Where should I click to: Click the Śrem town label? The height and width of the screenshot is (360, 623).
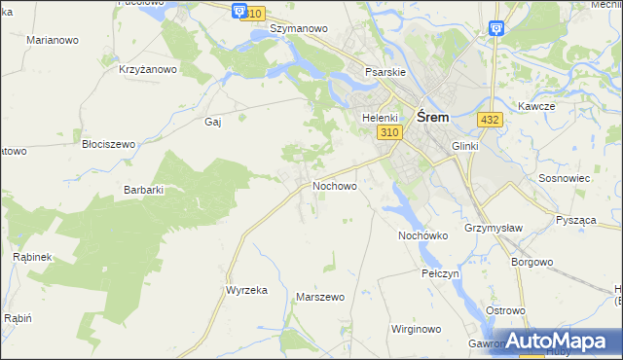pyautogui.click(x=432, y=116)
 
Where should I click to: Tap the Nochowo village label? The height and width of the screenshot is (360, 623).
pyautogui.click(x=334, y=185)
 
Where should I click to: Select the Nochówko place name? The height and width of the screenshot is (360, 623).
pyautogui.click(x=422, y=235)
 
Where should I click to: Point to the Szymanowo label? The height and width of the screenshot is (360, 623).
pyautogui.click(x=298, y=29)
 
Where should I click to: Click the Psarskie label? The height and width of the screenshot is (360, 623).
pyautogui.click(x=385, y=72)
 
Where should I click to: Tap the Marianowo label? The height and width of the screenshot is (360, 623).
pyautogui.click(x=53, y=40)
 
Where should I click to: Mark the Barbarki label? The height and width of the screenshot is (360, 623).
pyautogui.click(x=142, y=190)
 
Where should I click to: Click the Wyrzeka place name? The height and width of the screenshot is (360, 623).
pyautogui.click(x=246, y=291)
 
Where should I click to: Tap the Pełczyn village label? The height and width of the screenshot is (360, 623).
pyautogui.click(x=440, y=273)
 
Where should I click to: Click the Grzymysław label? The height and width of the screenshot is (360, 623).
pyautogui.click(x=490, y=230)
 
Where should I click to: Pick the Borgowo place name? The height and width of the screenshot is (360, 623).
pyautogui.click(x=531, y=262)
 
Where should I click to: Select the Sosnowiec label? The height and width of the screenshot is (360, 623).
pyautogui.click(x=563, y=180)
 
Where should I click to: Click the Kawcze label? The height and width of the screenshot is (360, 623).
pyautogui.click(x=536, y=106)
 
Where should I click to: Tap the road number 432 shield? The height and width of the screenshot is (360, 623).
pyautogui.click(x=490, y=119)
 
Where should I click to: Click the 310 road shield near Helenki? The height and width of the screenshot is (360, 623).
pyautogui.click(x=389, y=132)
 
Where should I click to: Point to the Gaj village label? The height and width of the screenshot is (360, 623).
pyautogui.click(x=213, y=122)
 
